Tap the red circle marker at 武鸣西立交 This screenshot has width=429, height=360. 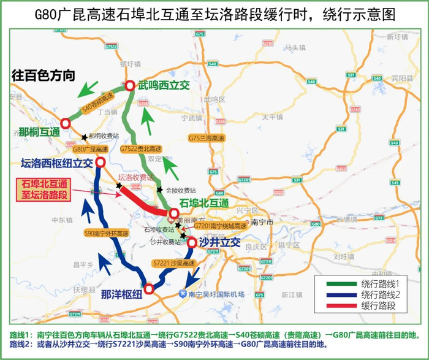pyautogui.click(x=130, y=87)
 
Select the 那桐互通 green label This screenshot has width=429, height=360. pyautogui.click(x=39, y=131)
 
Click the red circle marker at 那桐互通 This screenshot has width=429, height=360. pyautogui.click(x=66, y=124)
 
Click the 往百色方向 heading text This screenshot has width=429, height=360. pyautogui.click(x=44, y=75)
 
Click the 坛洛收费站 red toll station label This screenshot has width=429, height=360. pyautogui.click(x=132, y=177)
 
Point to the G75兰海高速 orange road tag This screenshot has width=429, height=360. pyautogui.click(x=205, y=137)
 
